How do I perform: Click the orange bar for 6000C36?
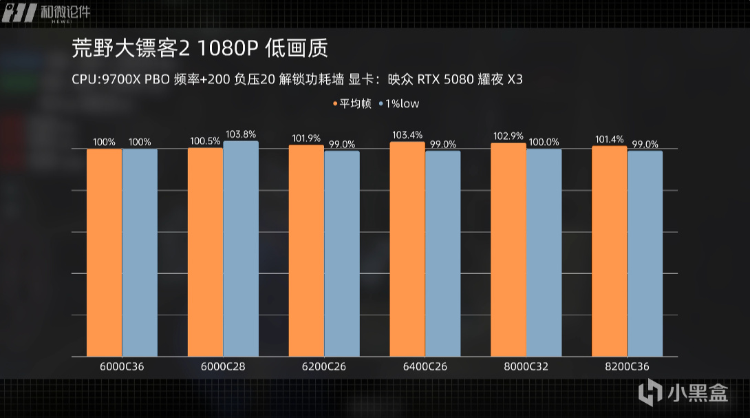[x=104, y=253]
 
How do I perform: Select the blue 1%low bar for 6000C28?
[x=241, y=249]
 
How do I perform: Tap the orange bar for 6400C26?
[x=407, y=249]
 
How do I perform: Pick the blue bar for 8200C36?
[x=645, y=253]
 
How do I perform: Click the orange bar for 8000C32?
[x=508, y=250]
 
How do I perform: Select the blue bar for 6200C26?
[x=342, y=253]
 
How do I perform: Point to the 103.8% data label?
[x=241, y=134]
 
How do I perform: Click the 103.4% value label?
[x=407, y=134]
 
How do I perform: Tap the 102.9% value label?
[x=508, y=136]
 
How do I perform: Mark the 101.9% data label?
[x=306, y=137]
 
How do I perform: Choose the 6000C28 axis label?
[x=223, y=367]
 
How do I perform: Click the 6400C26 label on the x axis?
[x=425, y=367]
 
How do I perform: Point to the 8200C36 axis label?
[x=627, y=367]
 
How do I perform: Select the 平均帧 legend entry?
[x=353, y=104]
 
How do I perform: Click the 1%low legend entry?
[x=399, y=104]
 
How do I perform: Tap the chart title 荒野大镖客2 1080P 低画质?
[x=200, y=49]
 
